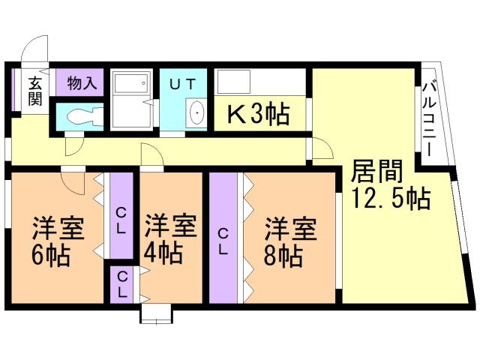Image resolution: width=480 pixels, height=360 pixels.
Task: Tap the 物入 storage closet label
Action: click(82, 83)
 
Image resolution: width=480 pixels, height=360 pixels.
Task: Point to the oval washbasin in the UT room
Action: click(196, 114)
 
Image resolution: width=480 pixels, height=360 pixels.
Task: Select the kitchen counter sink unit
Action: click(261, 82)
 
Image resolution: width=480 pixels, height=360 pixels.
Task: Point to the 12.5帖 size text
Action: click(390, 199)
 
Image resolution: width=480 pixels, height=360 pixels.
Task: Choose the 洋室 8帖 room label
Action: click(289, 241)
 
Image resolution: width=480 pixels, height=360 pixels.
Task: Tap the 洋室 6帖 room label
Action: click(57, 241)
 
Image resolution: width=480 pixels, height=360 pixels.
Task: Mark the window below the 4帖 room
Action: click(156, 313)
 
